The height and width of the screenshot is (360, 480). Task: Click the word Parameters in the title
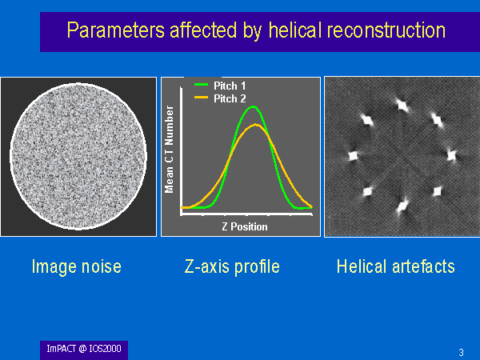[x=116, y=30]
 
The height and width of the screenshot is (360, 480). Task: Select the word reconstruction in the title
[x=386, y=30]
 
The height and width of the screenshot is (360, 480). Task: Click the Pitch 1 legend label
[x=230, y=86]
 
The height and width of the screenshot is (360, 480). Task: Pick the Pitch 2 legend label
[x=230, y=98]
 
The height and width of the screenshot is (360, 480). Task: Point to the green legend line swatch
[x=201, y=85]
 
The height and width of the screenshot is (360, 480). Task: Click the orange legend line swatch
[x=201, y=98]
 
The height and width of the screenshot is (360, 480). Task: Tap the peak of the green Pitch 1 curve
[x=254, y=106]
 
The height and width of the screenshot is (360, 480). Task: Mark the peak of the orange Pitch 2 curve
[x=256, y=125]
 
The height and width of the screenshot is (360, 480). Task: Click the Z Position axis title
[x=245, y=226]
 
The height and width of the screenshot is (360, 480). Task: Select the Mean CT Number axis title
[x=169, y=150]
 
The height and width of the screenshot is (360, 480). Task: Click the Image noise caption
[x=77, y=266]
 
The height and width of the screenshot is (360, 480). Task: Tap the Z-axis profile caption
[x=232, y=266]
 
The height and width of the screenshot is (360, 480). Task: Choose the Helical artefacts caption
[x=395, y=266]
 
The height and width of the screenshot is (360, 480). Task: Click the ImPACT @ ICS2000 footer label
[x=84, y=349]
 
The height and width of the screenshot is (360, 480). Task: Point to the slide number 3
[x=461, y=352]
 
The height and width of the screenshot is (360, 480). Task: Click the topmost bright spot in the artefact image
[x=402, y=105]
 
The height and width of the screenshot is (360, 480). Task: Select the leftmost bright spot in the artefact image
[x=354, y=156]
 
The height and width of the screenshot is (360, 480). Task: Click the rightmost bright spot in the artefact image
[x=451, y=155]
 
